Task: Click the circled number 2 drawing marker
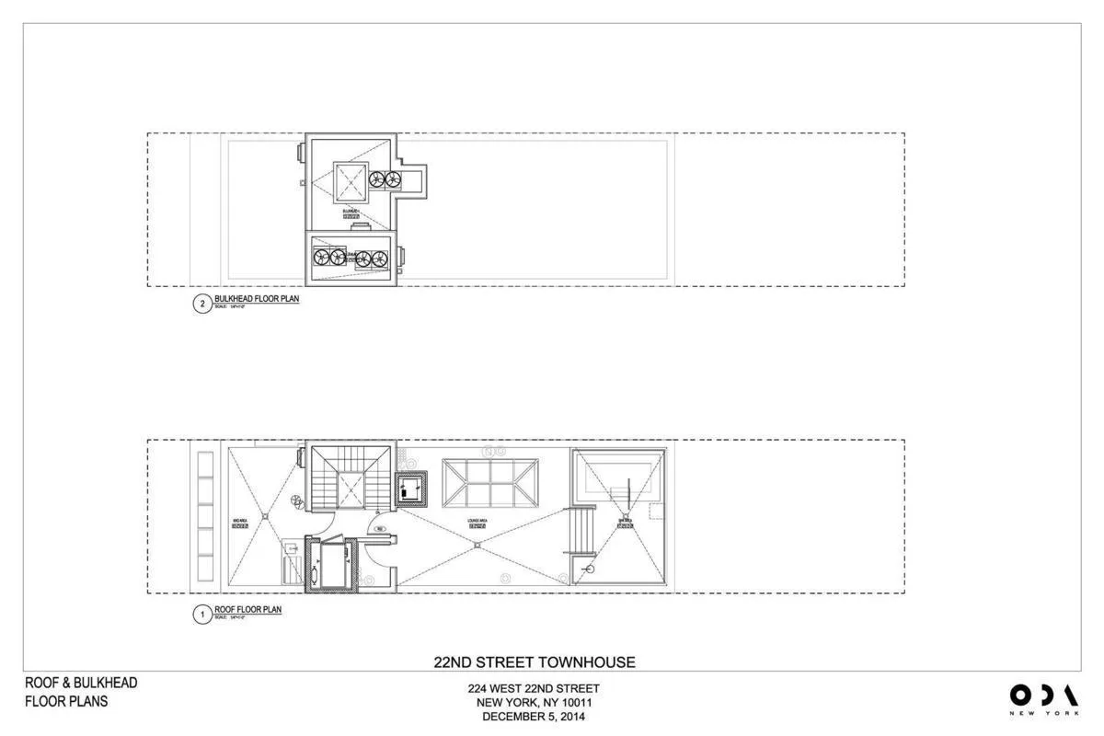click(x=201, y=305)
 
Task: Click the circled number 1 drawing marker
click(x=201, y=615)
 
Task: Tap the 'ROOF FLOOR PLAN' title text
click(x=247, y=609)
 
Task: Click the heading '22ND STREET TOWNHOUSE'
click(x=534, y=661)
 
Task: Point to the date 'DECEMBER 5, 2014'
click(x=534, y=717)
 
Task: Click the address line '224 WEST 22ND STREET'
click(x=534, y=688)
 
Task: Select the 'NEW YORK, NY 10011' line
click(x=534, y=703)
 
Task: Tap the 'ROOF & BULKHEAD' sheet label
click(x=81, y=683)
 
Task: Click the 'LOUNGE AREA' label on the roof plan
click(x=477, y=522)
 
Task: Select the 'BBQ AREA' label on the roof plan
click(x=240, y=523)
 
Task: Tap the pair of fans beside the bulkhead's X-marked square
click(x=385, y=181)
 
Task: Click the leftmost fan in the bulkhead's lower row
click(x=322, y=259)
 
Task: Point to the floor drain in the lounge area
click(x=477, y=546)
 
